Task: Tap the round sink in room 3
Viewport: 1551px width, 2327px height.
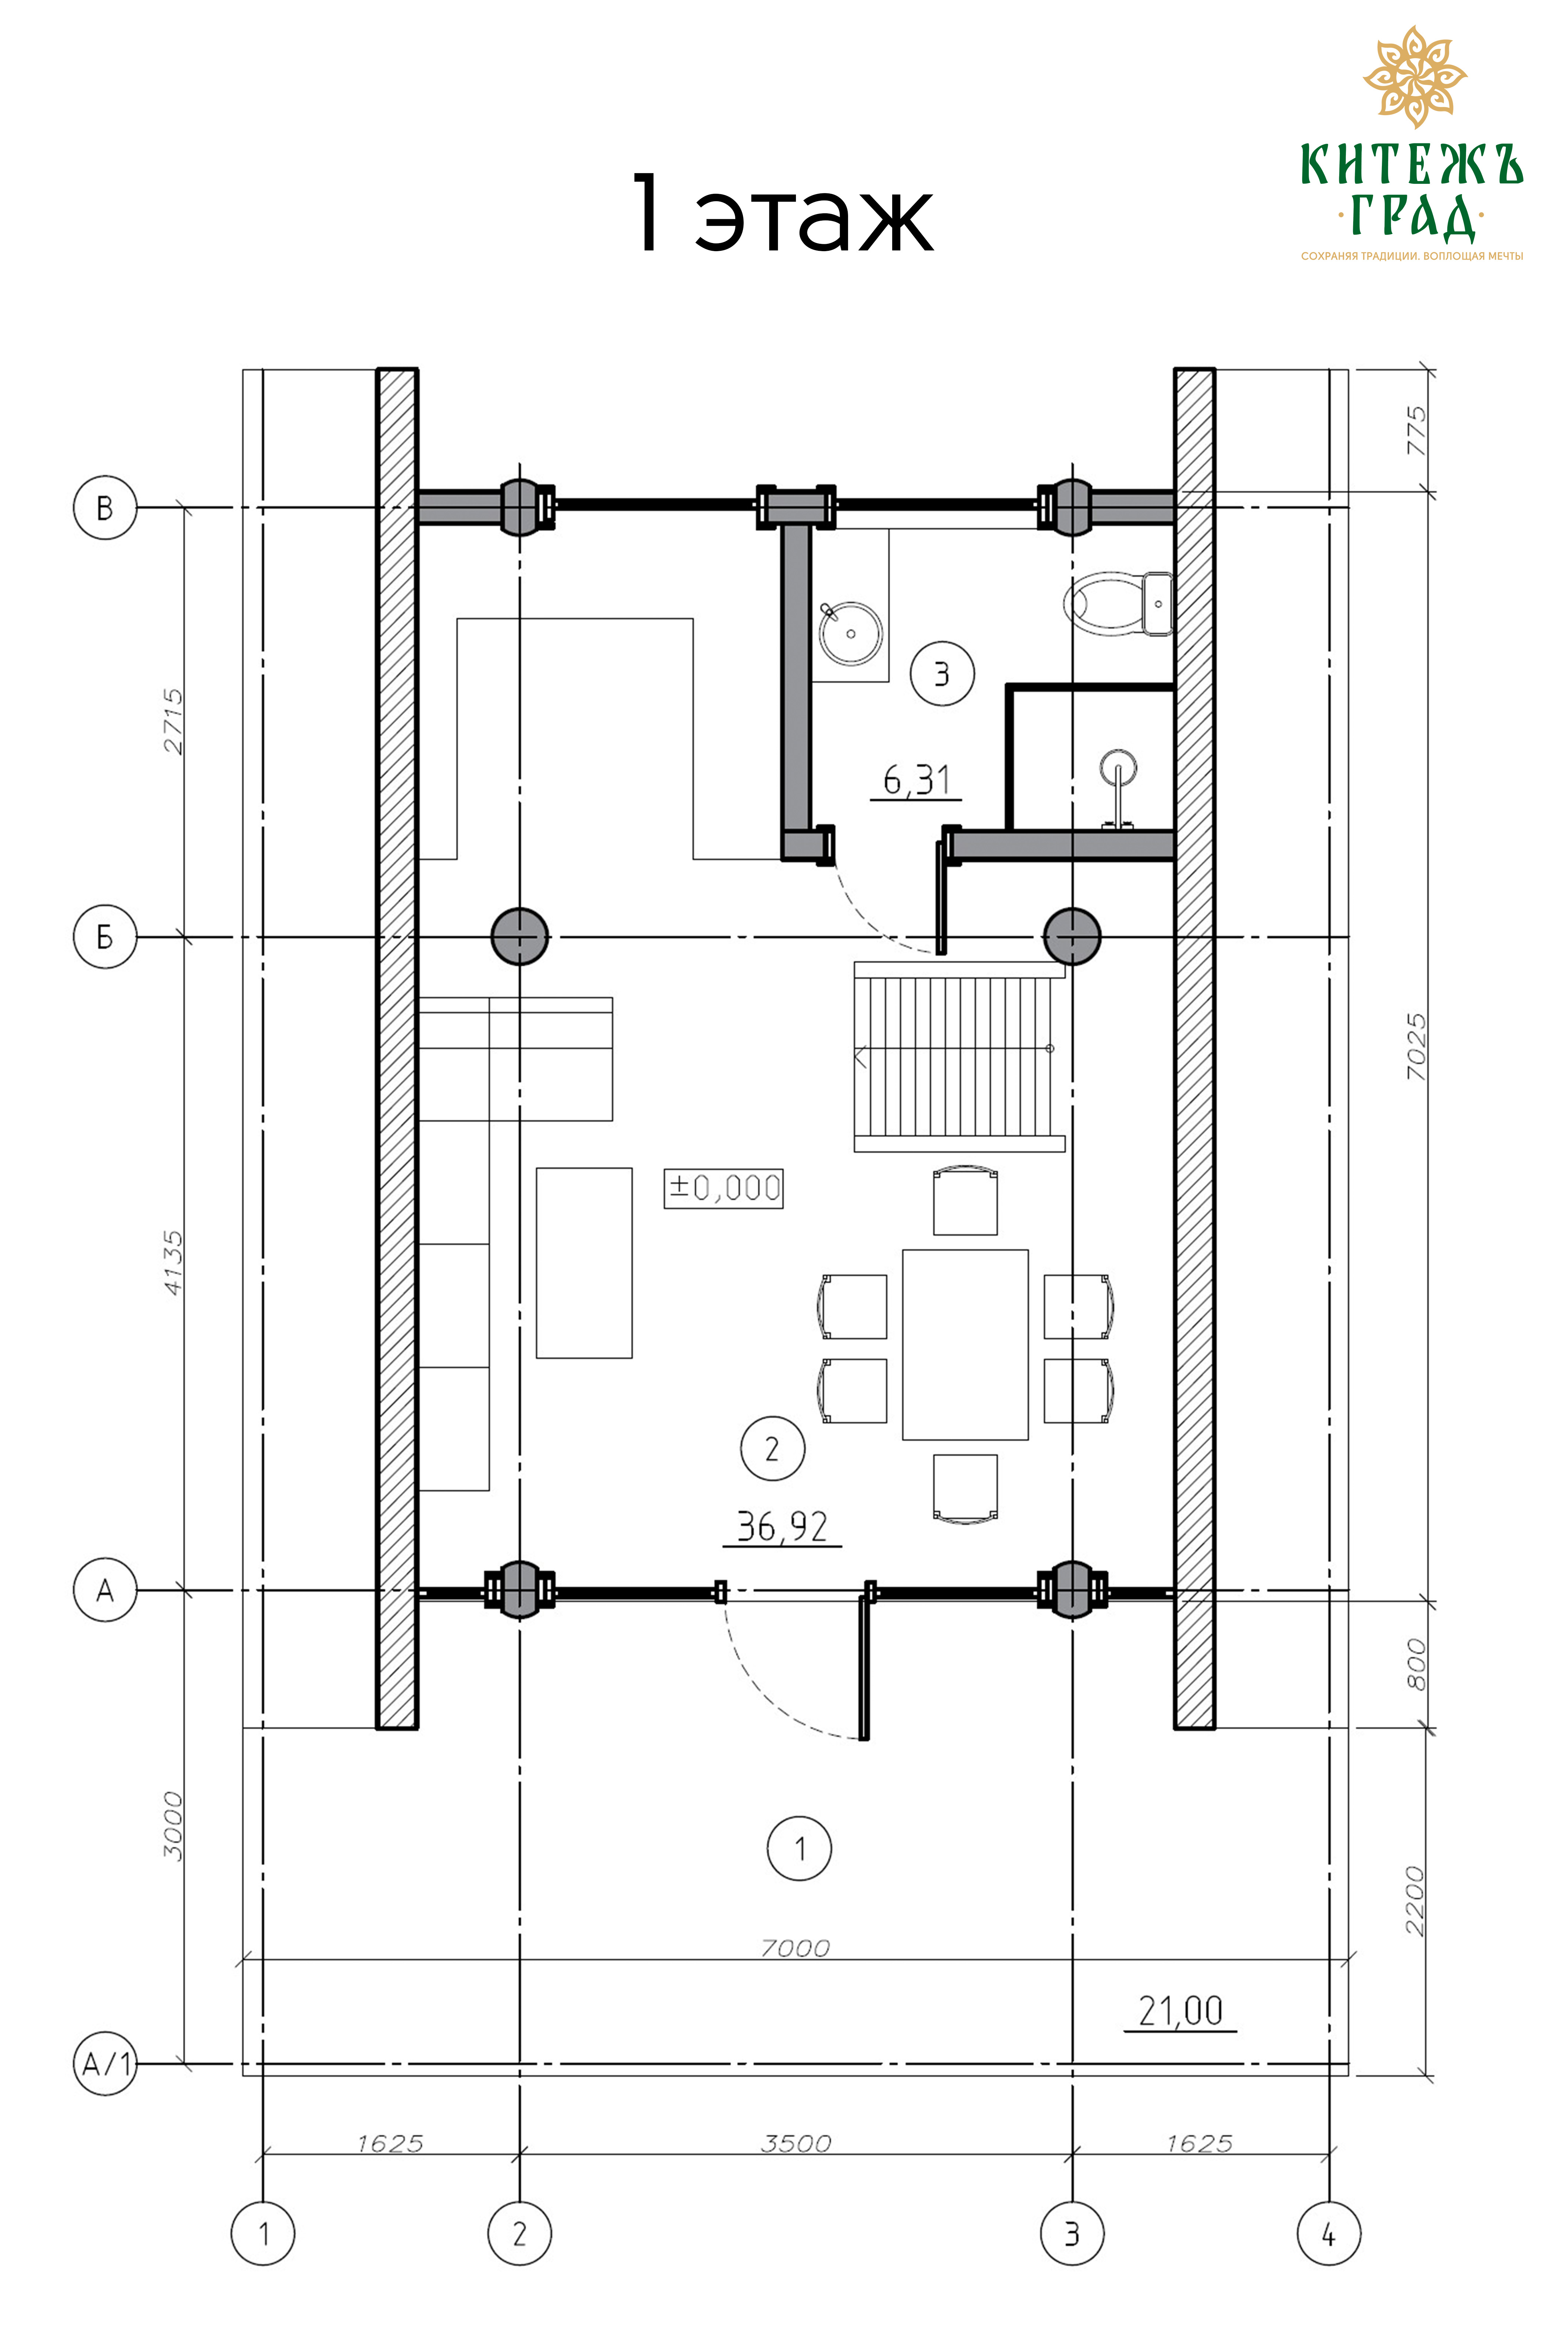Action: pyautogui.click(x=851, y=633)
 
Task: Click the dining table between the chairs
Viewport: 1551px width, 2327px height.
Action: pyautogui.click(x=965, y=1344)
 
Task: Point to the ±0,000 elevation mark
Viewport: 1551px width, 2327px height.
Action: pyautogui.click(x=723, y=1187)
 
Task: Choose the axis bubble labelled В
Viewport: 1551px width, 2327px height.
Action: pyautogui.click(x=105, y=507)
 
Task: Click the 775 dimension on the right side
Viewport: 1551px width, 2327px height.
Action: pyautogui.click(x=1416, y=430)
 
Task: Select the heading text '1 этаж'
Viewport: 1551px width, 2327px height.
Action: pyautogui.click(x=782, y=213)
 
